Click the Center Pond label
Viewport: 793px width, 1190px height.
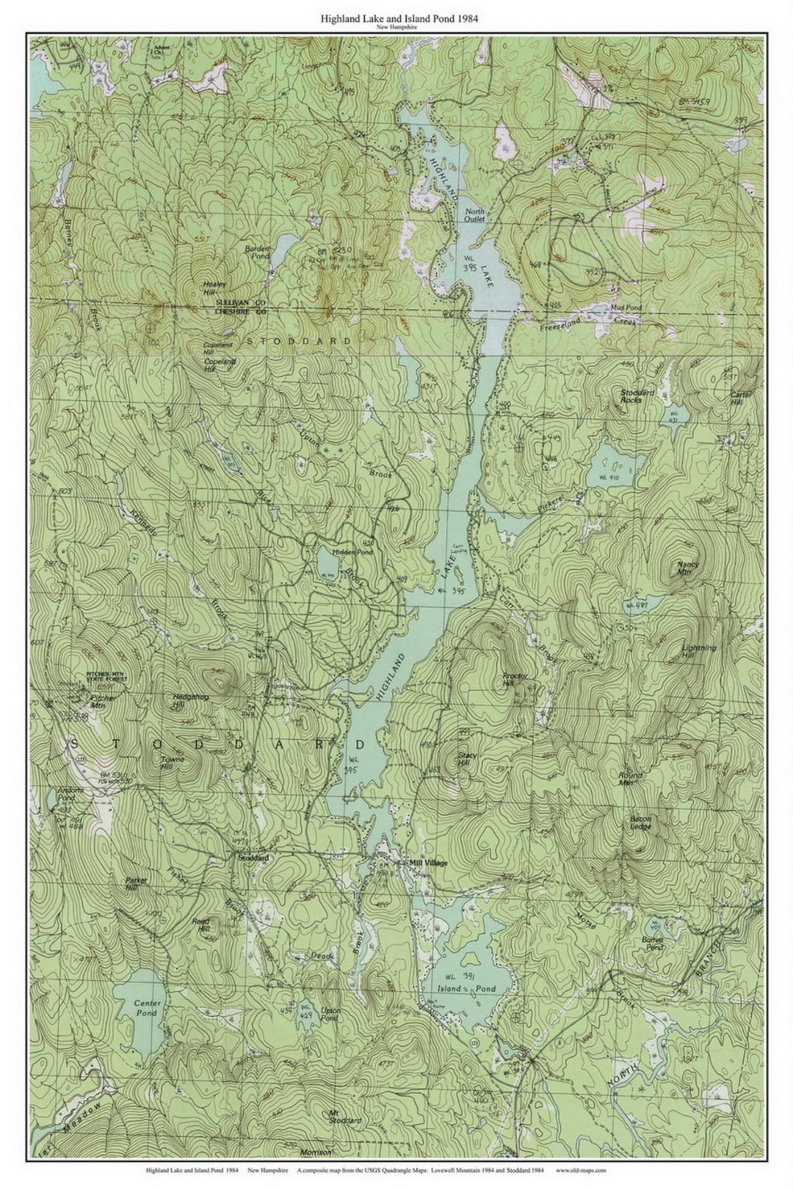pyautogui.click(x=145, y=1008)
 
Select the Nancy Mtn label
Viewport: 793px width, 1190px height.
pyautogui.click(x=688, y=568)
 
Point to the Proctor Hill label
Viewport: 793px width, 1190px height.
pyautogui.click(x=511, y=680)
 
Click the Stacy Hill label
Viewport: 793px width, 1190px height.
pyautogui.click(x=467, y=759)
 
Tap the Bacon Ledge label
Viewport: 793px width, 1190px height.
pyautogui.click(x=640, y=822)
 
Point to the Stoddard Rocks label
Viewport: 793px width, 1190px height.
pyautogui.click(x=631, y=396)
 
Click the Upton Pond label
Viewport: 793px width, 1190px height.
pyautogui.click(x=330, y=1015)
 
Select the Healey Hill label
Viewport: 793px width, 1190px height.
pyautogui.click(x=214, y=287)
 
